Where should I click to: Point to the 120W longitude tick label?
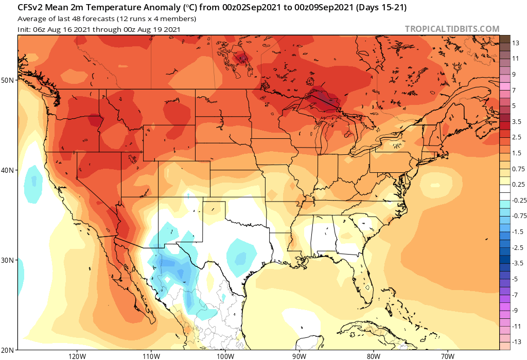click(76, 355)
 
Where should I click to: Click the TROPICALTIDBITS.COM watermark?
click(452, 29)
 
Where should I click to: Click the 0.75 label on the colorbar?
click(518, 169)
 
